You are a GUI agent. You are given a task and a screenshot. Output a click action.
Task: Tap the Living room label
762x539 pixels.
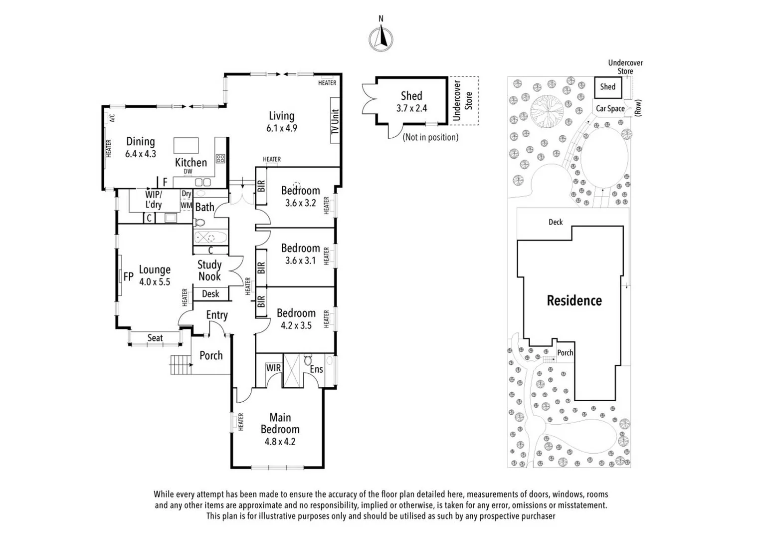(x=282, y=116)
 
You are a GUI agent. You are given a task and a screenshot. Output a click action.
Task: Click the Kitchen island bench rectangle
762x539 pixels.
(x=186, y=145)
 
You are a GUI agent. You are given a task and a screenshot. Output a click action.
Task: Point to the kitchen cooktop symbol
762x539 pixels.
(x=220, y=158)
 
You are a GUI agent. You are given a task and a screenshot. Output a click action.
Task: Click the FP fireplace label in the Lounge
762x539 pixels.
(x=128, y=276)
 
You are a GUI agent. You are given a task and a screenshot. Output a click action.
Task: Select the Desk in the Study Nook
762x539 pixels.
(x=210, y=294)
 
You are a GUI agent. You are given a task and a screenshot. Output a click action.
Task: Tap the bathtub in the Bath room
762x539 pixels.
(x=210, y=238)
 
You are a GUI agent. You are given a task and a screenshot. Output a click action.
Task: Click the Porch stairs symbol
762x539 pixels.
(x=181, y=364)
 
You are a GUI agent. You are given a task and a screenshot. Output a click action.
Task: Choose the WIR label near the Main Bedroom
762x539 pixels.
(x=273, y=368)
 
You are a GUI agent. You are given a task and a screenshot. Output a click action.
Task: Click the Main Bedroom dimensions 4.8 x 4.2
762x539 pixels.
(x=280, y=442)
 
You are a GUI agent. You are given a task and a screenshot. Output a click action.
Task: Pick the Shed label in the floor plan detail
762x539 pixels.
(x=411, y=96)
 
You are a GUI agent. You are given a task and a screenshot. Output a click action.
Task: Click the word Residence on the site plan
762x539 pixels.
(x=574, y=300)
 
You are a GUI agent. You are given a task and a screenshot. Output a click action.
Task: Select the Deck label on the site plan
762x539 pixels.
(x=556, y=222)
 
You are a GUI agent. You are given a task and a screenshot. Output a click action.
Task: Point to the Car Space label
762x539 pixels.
(x=610, y=108)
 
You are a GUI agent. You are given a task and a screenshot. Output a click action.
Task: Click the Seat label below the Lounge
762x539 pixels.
(x=155, y=338)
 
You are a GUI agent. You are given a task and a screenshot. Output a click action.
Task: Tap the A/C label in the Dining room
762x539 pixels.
(x=112, y=118)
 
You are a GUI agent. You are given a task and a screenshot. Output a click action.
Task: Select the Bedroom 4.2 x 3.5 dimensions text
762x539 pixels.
(x=296, y=325)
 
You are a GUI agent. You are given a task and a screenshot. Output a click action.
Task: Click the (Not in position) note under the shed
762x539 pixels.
(x=430, y=137)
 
